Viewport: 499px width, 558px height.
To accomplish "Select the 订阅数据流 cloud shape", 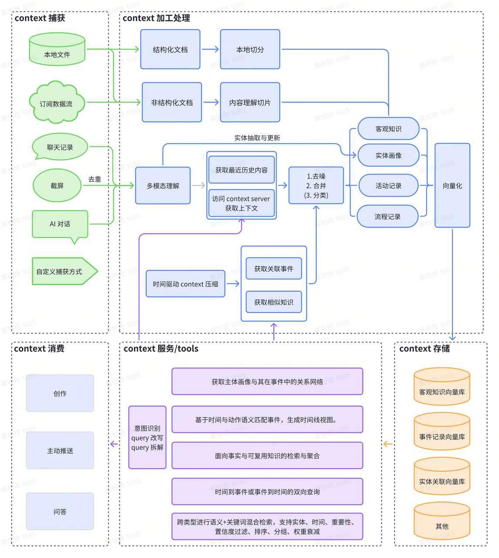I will pos(56,103).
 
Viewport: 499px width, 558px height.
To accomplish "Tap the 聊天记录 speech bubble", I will pos(60,147).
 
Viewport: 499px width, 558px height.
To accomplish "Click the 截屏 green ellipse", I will pos(57,186).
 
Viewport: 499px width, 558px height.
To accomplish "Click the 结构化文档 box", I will pos(170,49).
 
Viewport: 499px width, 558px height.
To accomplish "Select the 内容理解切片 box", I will pos(250,102).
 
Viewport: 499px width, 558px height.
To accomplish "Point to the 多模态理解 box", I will pos(163,186).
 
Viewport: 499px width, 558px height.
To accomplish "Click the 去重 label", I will pos(95,179).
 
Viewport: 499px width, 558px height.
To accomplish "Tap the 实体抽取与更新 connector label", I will pos(257,138).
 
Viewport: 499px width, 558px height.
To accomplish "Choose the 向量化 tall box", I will pos(452,186).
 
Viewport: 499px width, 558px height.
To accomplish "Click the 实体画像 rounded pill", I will pos(388,155).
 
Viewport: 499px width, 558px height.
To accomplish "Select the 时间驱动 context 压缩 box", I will pos(185,284).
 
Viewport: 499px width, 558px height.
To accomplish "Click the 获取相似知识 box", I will pos(274,302).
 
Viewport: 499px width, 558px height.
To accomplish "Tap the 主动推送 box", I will pos(60,450).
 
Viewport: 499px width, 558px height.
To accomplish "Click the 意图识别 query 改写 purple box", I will pos(147,437).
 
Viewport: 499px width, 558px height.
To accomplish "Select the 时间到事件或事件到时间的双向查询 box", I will pos(267,491).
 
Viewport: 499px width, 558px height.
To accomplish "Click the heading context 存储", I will pos(424,349).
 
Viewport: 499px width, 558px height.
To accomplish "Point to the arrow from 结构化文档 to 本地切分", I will pos(210,49).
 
